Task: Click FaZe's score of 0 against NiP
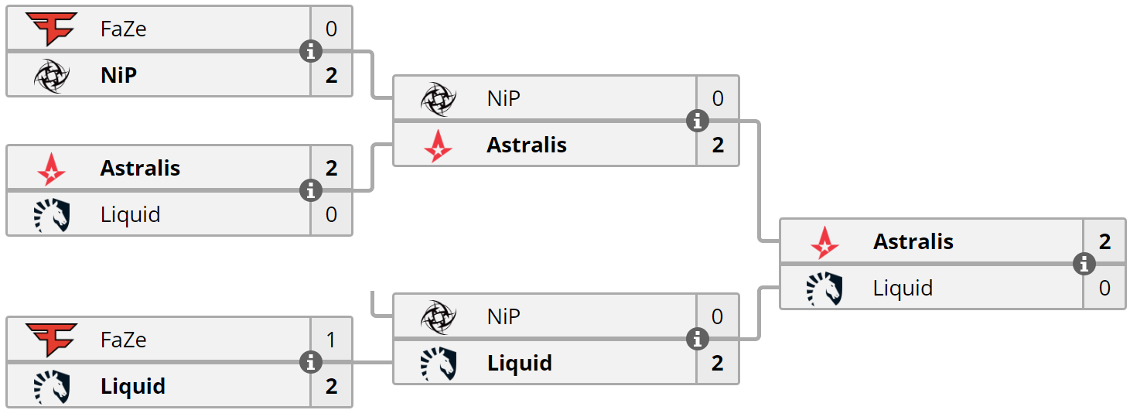331,29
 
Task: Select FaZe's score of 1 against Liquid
331,340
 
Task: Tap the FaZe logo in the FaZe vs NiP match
52,29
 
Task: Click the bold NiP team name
118,75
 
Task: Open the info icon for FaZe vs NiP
311,51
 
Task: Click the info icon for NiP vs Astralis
698,121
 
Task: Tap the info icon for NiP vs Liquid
698,339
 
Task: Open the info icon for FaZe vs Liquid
311,362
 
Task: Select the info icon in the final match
1084,264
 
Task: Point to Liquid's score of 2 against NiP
718,363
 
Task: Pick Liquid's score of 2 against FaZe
331,386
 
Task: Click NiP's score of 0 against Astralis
718,98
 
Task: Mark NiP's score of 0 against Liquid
717,316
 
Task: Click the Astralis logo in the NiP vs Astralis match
438,145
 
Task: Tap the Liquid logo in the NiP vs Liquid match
439,364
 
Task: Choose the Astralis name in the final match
913,241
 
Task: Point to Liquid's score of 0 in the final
1104,288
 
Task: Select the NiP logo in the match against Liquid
439,317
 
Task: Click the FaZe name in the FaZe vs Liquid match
124,340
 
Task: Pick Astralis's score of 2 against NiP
718,145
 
